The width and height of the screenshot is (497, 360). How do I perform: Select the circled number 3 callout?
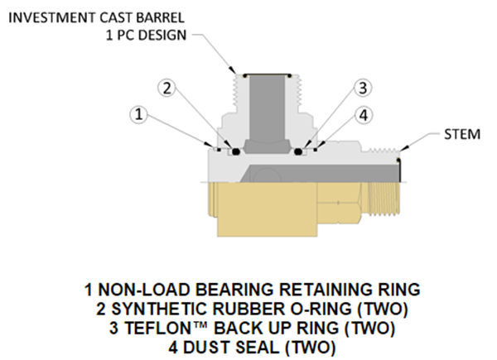(362, 87)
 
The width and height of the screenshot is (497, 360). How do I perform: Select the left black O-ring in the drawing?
(235, 151)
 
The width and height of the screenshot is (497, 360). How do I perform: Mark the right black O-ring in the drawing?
(297, 151)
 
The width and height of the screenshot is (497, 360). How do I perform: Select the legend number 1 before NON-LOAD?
(88, 290)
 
